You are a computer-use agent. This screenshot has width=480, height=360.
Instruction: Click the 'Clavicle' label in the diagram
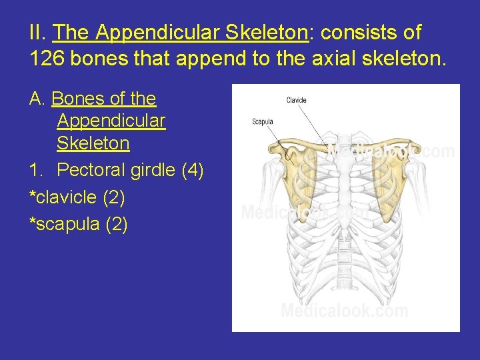click(297, 101)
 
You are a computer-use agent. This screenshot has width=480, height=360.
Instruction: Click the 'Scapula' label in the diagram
click(263, 122)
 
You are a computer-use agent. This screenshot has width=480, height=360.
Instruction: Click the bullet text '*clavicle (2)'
click(77, 198)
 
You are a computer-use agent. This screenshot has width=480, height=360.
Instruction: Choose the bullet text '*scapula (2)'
click(77, 225)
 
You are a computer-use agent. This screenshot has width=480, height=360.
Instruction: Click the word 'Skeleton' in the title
click(265, 32)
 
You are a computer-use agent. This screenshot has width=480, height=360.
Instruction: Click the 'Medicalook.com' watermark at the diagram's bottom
click(344, 311)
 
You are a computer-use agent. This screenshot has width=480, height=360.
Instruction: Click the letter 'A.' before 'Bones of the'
click(37, 99)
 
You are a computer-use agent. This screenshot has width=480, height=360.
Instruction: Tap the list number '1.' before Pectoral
click(36, 171)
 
